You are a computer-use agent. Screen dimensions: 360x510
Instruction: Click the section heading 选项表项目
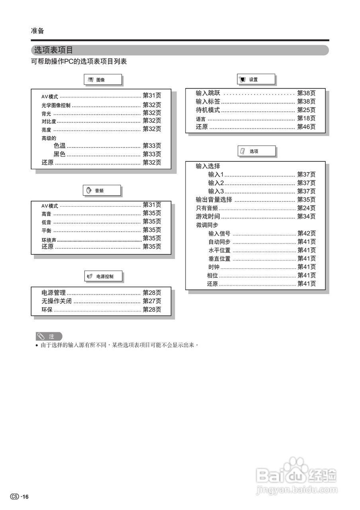pos(54,50)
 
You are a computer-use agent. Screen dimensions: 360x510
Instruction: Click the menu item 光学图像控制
pos(56,106)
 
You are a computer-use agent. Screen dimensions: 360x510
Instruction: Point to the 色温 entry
pos(59,146)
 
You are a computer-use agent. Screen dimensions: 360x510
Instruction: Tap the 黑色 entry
pos(59,154)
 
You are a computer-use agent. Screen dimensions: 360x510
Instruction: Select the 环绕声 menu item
pos(49,240)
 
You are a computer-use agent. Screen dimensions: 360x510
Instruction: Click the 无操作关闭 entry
pos(57,301)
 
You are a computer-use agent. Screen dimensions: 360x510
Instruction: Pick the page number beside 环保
pos(152,310)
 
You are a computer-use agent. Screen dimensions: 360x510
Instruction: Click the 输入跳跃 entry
pos(208,93)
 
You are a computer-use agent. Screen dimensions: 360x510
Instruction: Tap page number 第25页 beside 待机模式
pos(306,110)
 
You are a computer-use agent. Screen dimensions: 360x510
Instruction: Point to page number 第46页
pos(306,127)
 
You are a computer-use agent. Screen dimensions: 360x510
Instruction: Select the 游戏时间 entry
pos(208,217)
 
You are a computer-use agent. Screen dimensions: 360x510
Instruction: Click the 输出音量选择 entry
pos(214,200)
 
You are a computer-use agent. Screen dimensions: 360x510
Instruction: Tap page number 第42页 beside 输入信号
pos(306,233)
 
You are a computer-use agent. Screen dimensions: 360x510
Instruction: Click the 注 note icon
pos(49,337)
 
